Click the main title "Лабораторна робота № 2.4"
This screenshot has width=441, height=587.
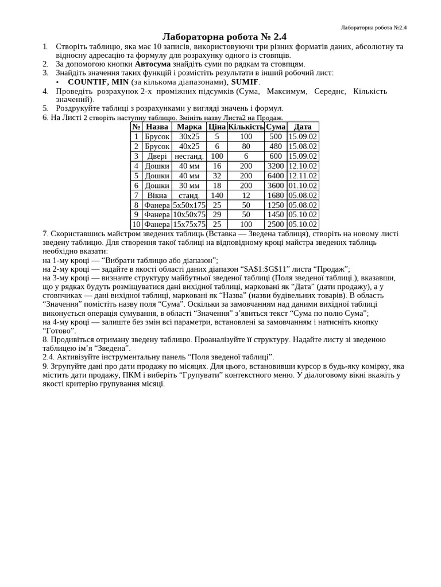coord(224,37)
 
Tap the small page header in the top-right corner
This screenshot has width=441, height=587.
coord(373,27)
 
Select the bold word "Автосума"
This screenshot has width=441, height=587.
coord(153,64)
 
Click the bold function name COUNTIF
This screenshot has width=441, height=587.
coord(88,82)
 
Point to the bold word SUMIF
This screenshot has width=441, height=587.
coord(245,82)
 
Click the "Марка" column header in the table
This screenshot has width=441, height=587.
coord(189,127)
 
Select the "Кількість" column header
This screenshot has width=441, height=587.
coord(246,127)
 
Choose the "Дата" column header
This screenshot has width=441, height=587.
coord(303,127)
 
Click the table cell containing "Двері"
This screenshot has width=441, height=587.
coord(157,156)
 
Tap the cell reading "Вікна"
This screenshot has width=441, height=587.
coord(157,195)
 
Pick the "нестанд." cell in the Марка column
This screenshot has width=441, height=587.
coord(189,156)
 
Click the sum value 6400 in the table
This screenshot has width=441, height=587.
coord(276,175)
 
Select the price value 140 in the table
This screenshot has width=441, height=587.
coord(217,195)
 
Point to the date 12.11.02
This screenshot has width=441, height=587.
coord(303,175)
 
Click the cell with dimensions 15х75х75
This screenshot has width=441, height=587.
coord(189,224)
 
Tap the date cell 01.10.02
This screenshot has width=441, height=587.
coord(303,185)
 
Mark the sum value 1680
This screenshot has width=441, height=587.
coord(276,195)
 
